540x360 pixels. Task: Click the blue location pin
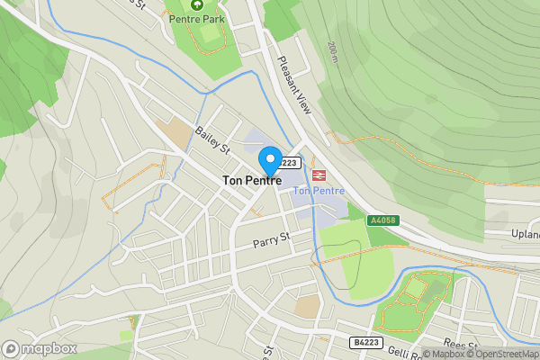coord(269,162)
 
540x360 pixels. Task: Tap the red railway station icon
coord(318,175)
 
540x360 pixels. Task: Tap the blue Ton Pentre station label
coord(319,191)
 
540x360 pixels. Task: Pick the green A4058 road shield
coord(382,220)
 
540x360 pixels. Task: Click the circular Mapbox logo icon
coord(11,348)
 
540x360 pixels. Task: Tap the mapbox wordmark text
coord(49,348)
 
